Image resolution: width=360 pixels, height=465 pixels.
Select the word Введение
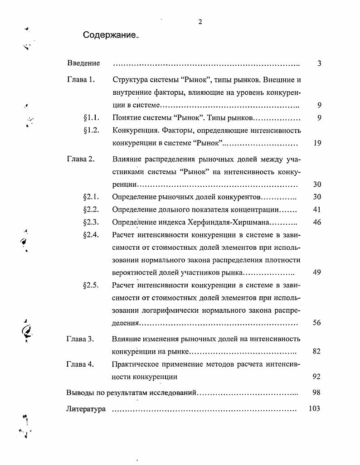83,63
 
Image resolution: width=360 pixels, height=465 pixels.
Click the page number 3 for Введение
319,63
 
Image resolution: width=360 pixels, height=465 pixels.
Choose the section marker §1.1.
92,118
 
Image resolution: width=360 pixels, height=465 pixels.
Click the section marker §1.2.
92,131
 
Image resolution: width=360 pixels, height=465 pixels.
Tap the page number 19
317,143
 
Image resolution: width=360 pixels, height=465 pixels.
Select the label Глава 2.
81,160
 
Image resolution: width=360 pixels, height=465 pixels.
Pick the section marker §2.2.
92,209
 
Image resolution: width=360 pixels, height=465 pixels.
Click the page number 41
317,209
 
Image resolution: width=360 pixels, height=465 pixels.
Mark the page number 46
317,223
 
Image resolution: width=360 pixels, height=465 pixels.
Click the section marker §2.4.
92,235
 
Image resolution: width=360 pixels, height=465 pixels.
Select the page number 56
317,323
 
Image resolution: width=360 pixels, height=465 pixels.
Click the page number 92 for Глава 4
317,376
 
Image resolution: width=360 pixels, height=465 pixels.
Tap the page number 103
314,408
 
